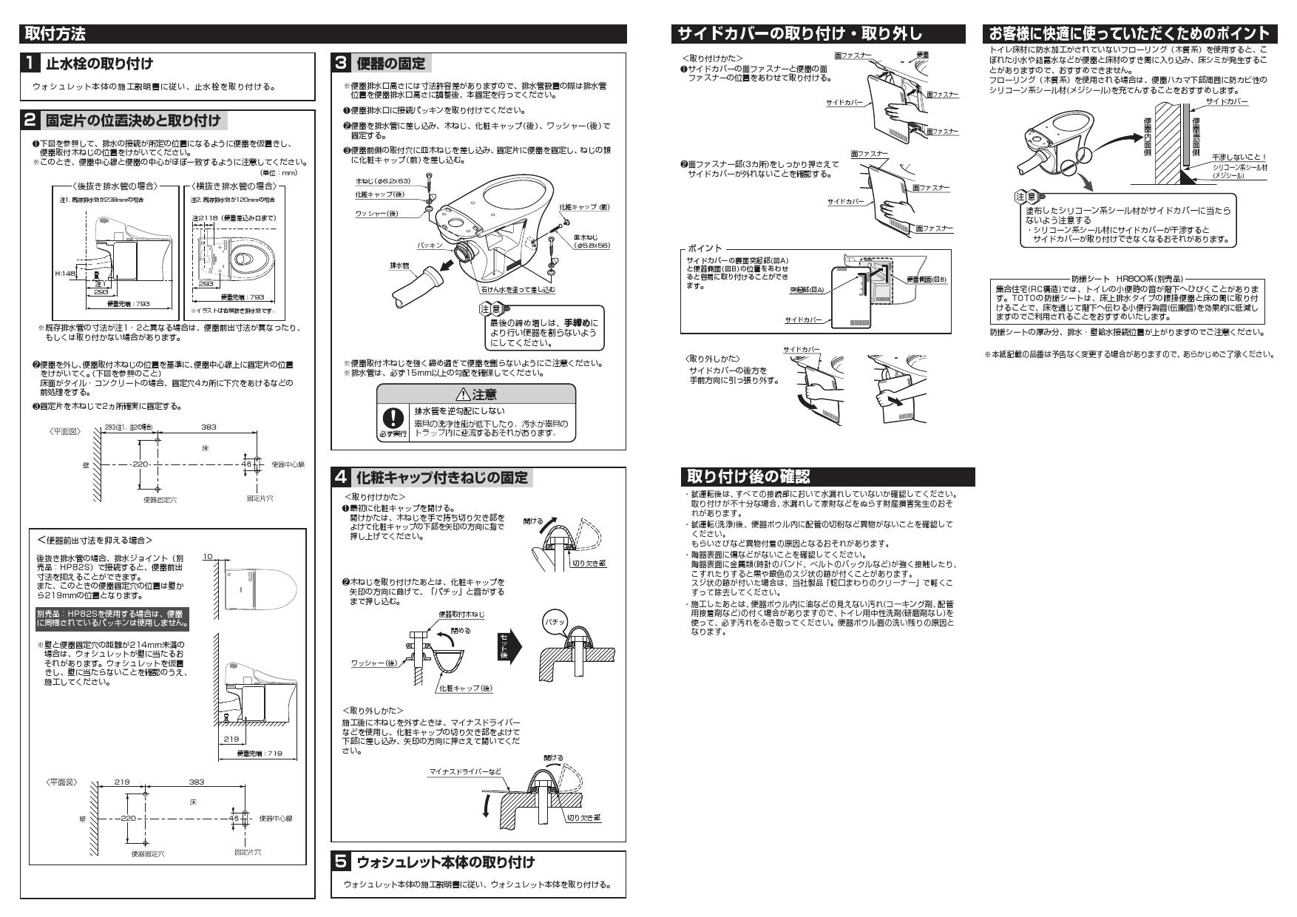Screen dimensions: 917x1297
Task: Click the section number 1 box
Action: coord(30,63)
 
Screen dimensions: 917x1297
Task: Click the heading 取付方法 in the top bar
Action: coord(55,33)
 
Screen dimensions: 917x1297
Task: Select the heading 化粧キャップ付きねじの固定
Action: coord(442,478)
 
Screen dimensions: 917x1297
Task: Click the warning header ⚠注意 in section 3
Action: coord(476,395)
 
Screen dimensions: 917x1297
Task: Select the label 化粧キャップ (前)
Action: coord(583,207)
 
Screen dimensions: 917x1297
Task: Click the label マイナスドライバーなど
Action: coord(464,772)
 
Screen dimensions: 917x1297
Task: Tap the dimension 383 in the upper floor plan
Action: coord(209,427)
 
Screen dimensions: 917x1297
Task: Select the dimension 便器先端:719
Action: coord(255,754)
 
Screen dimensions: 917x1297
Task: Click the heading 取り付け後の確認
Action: coord(748,477)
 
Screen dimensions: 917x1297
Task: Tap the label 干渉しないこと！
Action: coord(1239,157)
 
